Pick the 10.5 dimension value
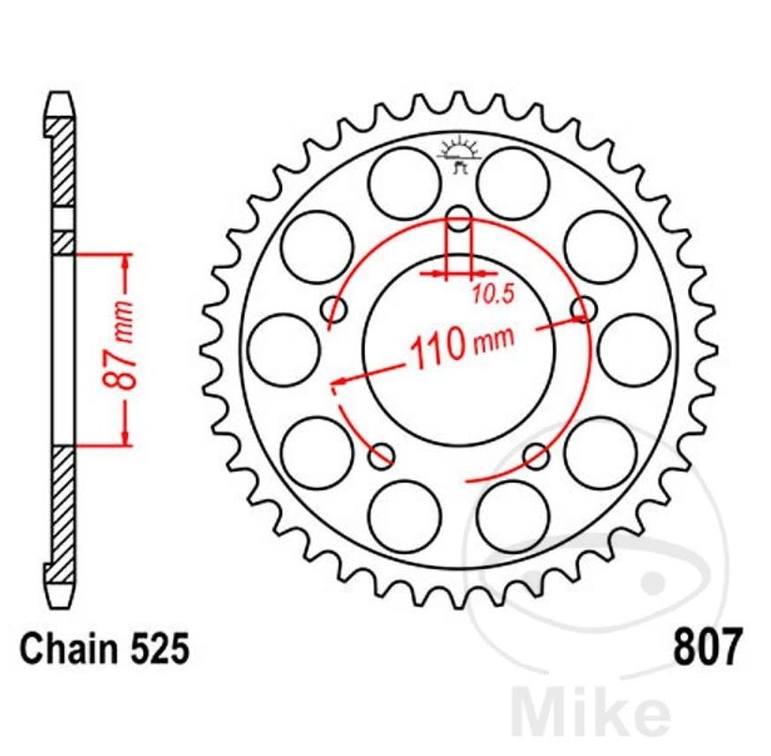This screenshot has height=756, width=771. (x=492, y=297)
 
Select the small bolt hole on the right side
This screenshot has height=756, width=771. (x=584, y=309)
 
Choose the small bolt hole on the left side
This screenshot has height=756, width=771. (x=334, y=309)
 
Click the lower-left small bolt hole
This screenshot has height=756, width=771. (x=381, y=456)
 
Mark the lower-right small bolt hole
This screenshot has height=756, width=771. (x=536, y=456)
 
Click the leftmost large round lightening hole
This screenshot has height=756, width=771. (x=283, y=349)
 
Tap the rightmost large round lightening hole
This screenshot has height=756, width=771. (x=634, y=349)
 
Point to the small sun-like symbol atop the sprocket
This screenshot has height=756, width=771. (x=458, y=149)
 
